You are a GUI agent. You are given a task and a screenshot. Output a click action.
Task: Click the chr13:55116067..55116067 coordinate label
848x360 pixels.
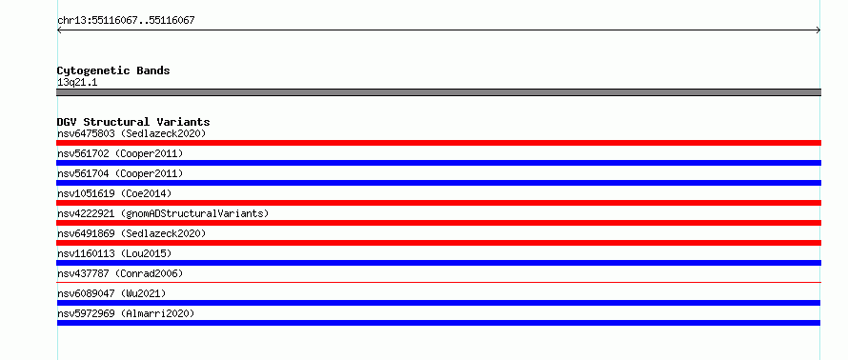(126, 21)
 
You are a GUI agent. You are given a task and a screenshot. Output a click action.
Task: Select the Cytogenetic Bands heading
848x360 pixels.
(113, 70)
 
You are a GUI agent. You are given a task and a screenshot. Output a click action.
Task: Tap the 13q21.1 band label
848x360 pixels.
(77, 83)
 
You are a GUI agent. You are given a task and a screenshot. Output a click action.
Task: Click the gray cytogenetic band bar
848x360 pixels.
(438, 92)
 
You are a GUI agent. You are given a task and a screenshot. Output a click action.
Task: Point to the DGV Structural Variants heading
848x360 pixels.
(133, 122)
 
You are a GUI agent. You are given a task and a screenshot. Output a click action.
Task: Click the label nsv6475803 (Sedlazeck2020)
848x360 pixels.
(131, 133)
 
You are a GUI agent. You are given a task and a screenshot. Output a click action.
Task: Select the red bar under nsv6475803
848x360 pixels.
(438, 143)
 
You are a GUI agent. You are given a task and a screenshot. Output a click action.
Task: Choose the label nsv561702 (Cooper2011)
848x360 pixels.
(120, 153)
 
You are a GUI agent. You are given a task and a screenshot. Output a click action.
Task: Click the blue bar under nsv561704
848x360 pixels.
(438, 183)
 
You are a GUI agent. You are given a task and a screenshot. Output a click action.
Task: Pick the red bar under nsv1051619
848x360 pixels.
(438, 203)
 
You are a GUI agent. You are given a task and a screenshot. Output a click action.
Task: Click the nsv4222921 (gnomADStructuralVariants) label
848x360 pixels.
(163, 213)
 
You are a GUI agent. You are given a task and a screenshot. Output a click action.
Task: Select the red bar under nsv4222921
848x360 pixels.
(438, 223)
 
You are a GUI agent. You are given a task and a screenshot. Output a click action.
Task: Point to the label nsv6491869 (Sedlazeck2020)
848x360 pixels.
(131, 233)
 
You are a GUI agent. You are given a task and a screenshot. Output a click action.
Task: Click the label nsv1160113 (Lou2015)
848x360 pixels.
(114, 253)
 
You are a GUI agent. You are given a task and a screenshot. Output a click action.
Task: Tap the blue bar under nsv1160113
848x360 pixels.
(438, 263)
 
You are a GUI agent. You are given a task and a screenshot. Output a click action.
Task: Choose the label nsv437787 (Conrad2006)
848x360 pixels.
(120, 273)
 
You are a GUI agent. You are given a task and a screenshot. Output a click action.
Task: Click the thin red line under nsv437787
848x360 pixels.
(438, 282)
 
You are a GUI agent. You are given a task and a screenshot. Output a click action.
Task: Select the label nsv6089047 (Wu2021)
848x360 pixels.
(111, 293)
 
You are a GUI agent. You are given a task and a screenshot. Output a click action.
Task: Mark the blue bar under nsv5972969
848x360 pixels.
(438, 323)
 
